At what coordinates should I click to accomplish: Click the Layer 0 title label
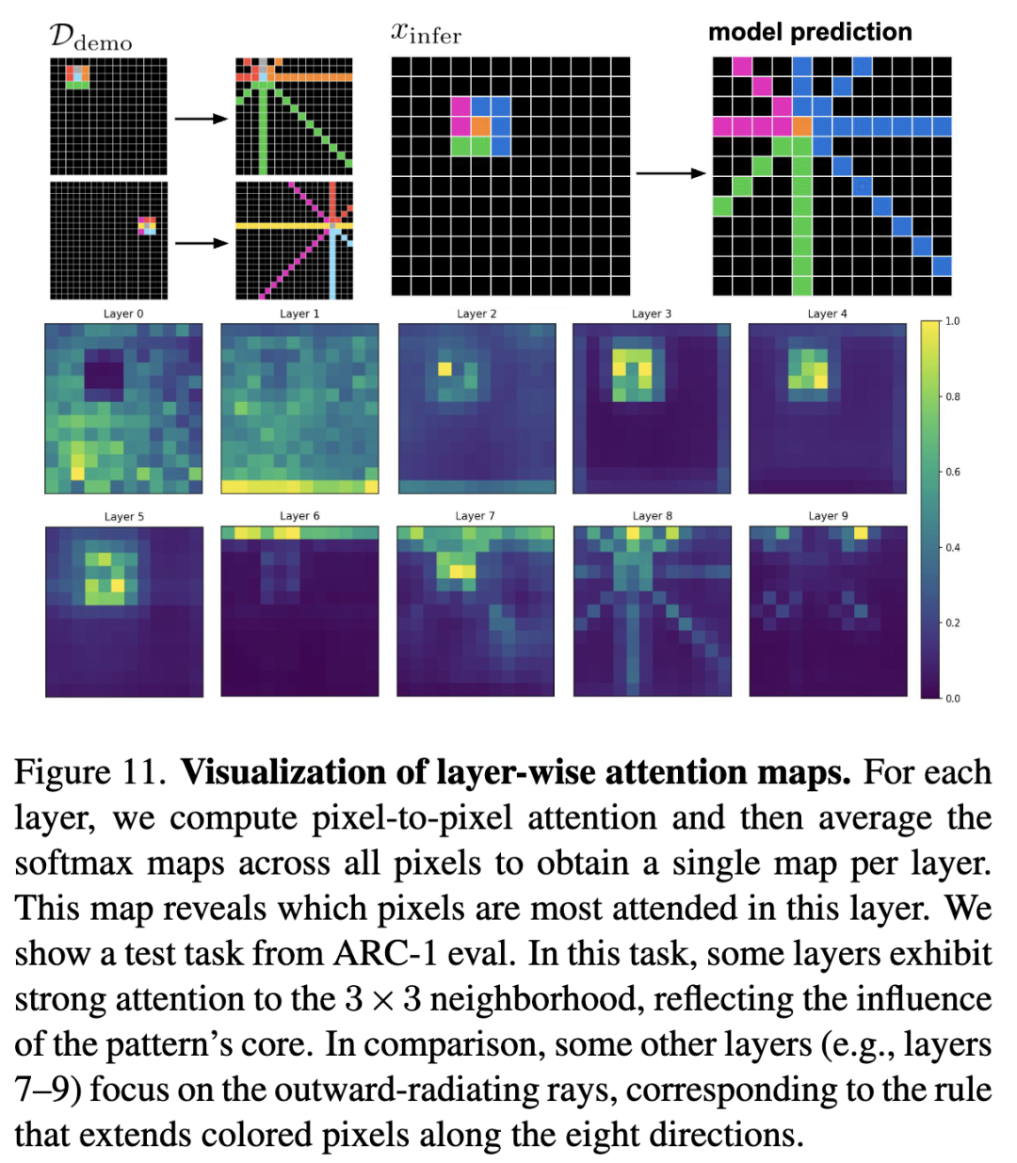[x=123, y=314]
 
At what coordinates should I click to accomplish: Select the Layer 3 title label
[x=652, y=314]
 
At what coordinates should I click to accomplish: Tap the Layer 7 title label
[x=475, y=516]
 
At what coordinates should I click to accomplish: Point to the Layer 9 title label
[x=828, y=516]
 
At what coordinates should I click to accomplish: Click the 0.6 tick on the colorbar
[x=953, y=472]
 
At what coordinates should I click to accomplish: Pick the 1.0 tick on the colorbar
[x=953, y=321]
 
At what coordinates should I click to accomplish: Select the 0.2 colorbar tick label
[x=953, y=622]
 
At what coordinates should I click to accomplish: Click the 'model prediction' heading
[x=810, y=32]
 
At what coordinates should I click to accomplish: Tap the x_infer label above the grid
[x=426, y=34]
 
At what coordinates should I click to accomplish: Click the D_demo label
[x=90, y=38]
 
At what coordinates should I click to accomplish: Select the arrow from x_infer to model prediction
[x=670, y=173]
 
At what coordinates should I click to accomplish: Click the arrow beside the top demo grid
[x=202, y=119]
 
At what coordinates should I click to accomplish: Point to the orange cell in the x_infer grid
[x=480, y=125]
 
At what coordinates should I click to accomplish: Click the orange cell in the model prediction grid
[x=802, y=126]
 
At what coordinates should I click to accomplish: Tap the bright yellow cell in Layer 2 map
[x=444, y=369]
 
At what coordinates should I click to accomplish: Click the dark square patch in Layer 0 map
[x=104, y=369]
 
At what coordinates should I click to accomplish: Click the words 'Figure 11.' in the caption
[x=90, y=772]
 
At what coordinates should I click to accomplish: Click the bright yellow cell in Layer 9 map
[x=861, y=533]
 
